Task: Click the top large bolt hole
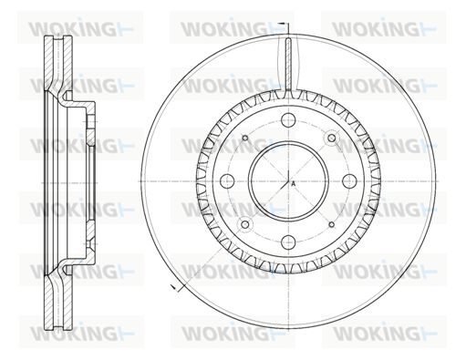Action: point(288,120)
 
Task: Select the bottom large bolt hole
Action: point(288,242)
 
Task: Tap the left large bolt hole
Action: point(227,181)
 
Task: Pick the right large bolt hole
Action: point(349,181)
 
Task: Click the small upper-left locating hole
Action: point(245,139)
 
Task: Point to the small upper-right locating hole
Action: point(332,139)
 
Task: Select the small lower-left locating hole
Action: point(245,224)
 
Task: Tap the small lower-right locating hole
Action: point(332,224)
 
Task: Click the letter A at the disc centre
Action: point(294,184)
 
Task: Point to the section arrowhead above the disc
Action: point(282,24)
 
